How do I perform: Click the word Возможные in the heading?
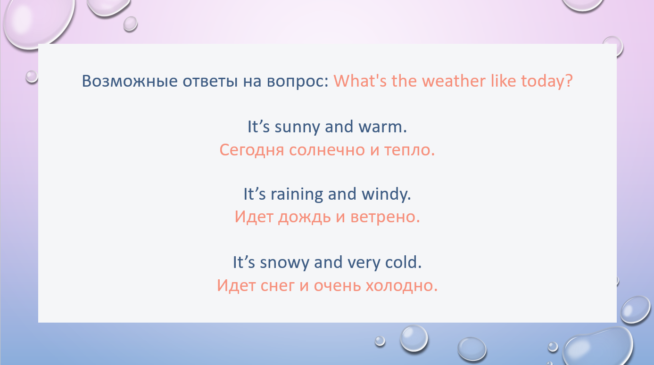(130, 81)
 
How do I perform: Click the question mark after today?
(569, 81)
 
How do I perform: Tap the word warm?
(381, 127)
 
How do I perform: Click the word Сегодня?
(252, 150)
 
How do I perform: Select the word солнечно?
(327, 150)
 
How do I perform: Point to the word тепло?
(407, 150)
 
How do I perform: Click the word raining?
(297, 195)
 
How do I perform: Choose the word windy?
(384, 195)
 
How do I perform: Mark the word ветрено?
(382, 218)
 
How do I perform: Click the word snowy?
(284, 263)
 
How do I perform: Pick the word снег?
(277, 286)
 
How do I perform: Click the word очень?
(337, 286)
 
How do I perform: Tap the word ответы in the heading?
(210, 81)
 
